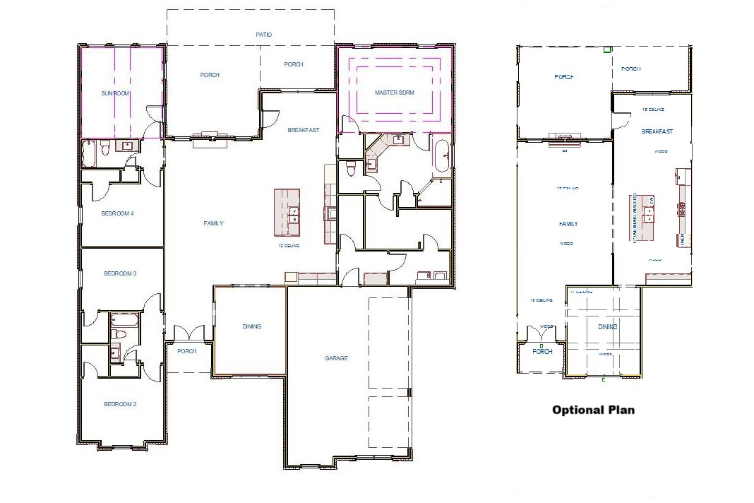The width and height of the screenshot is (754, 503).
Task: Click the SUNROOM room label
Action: (116, 93)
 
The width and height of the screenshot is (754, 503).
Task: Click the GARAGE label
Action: (336, 358)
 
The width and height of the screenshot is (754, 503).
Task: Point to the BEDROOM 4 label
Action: (119, 213)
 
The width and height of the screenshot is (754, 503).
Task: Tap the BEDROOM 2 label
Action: (119, 404)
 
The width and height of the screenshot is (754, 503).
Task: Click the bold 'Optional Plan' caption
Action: (593, 410)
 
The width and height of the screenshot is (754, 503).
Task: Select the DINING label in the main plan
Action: (251, 326)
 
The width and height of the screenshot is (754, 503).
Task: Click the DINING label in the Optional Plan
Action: (607, 327)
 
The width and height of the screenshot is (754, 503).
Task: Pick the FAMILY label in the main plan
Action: (213, 223)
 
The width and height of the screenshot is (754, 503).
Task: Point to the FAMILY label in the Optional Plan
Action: (568, 224)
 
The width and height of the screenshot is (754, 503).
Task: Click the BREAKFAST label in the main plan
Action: (303, 130)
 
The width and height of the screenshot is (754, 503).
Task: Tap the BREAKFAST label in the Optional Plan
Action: (657, 131)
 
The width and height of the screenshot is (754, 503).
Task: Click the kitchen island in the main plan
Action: (287, 212)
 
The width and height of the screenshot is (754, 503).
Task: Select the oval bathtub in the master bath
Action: (441, 156)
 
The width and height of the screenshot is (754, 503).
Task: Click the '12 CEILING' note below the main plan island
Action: (288, 246)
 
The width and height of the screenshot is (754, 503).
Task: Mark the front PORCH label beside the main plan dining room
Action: (186, 351)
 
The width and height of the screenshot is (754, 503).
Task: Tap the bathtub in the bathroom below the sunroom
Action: (89, 153)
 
